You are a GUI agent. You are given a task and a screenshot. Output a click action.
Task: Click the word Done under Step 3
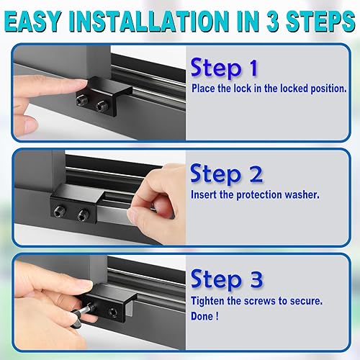coord(204,315)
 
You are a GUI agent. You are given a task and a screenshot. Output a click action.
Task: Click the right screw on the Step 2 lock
coord(84,214)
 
